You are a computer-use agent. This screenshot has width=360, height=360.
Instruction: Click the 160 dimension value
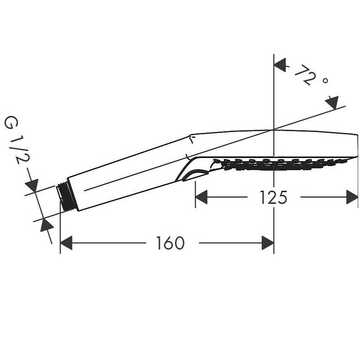point(170,243)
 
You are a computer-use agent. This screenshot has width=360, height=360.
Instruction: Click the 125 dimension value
point(273,197)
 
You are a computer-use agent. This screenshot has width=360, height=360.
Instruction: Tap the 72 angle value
point(304,75)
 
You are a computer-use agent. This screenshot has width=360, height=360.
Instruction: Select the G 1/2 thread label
point(17,140)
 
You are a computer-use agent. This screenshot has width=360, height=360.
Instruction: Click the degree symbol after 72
point(325,80)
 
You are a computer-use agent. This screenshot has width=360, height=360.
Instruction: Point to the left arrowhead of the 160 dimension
point(66,243)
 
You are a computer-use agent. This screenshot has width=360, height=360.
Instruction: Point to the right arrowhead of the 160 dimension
point(268,243)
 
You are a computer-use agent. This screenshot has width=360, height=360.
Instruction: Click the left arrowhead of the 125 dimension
point(201,197)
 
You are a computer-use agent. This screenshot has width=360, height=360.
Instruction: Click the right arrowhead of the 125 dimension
point(352,197)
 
